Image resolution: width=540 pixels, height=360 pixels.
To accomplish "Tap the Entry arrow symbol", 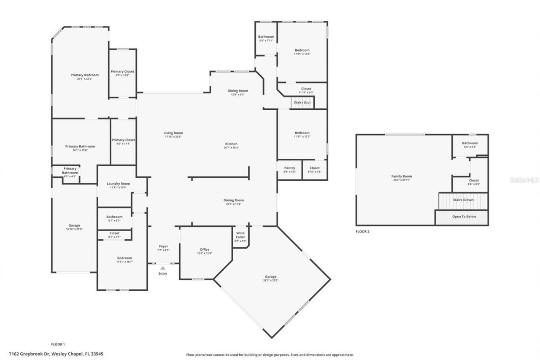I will click(163, 268).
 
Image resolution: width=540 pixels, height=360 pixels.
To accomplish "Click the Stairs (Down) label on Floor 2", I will click(464, 200).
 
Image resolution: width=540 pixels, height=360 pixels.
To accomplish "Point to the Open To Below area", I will click(464, 217).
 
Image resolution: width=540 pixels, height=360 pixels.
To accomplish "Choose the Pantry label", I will click(289, 168).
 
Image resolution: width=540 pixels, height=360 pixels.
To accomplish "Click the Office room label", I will click(205, 249).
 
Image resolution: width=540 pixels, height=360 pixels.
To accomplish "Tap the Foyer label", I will click(163, 246).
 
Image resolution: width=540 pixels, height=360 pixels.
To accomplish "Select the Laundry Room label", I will click(118, 184).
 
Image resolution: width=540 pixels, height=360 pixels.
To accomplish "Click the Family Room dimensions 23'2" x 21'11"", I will click(402, 180).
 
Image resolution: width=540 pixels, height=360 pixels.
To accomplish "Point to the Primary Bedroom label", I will click(84, 75).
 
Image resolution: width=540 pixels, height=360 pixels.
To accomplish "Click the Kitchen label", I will click(231, 144).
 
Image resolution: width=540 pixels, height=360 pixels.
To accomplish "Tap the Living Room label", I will click(173, 133).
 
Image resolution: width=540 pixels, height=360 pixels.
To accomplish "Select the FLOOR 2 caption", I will click(362, 231).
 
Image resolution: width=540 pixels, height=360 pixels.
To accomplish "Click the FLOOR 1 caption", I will click(58, 344).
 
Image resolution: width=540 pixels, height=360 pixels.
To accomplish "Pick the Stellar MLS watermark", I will click(524, 180).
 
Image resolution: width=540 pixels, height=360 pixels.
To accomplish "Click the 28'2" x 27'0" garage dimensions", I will click(271, 280).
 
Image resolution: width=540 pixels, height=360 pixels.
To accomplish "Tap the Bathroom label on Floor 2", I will click(470, 143).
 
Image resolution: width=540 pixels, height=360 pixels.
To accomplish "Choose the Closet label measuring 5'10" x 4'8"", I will click(315, 168).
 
